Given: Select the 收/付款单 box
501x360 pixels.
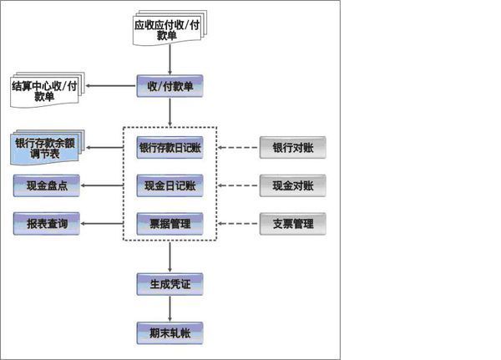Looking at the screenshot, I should pyautogui.click(x=170, y=86).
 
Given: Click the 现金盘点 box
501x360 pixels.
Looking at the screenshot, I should pyautogui.click(x=47, y=185).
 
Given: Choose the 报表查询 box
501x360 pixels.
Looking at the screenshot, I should pyautogui.click(x=47, y=223).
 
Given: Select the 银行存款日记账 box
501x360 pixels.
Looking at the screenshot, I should pyautogui.click(x=170, y=148).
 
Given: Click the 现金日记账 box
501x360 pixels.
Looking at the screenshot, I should pyautogui.click(x=170, y=185).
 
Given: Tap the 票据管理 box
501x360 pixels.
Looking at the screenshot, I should pyautogui.click(x=170, y=223).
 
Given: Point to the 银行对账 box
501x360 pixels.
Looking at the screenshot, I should pyautogui.click(x=292, y=148).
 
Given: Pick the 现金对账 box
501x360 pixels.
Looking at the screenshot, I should pyautogui.click(x=292, y=185).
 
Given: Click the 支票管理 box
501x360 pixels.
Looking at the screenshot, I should pyautogui.click(x=292, y=223).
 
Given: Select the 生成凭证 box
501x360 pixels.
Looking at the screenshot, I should pyautogui.click(x=170, y=284).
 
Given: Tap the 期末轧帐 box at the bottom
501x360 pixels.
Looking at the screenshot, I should pyautogui.click(x=170, y=333).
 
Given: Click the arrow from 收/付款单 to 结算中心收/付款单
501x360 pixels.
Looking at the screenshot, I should pyautogui.click(x=112, y=86).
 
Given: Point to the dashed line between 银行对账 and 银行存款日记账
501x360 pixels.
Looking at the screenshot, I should pyautogui.click(x=239, y=148).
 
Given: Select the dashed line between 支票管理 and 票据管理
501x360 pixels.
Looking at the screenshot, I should pyautogui.click(x=239, y=223).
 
